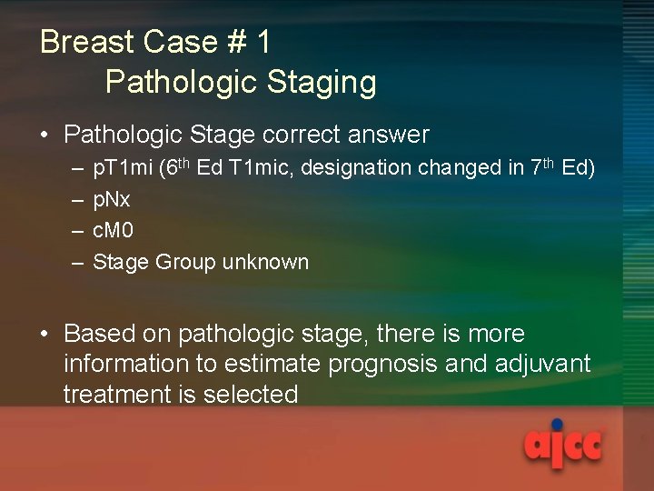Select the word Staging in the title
(322, 83)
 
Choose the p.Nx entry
(112, 200)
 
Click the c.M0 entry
(114, 231)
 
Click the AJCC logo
(563, 446)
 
